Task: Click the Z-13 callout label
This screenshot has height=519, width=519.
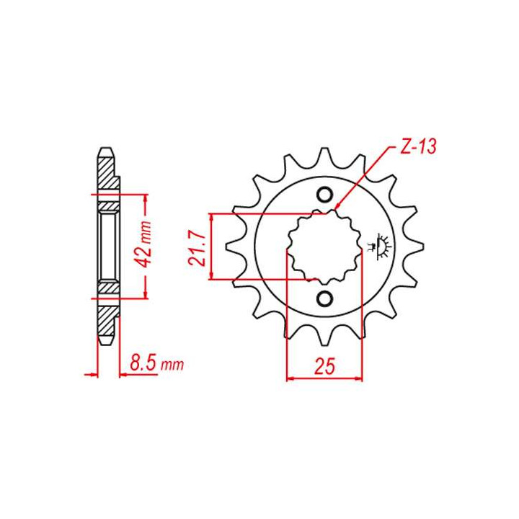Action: click(x=418, y=146)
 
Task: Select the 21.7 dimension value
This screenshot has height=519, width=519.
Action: click(x=198, y=249)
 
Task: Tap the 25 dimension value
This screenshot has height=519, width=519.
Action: click(x=324, y=366)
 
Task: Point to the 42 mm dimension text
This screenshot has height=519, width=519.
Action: click(x=144, y=244)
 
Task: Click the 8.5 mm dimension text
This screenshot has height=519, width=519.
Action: click(x=156, y=363)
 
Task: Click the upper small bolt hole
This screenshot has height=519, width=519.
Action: click(x=324, y=195)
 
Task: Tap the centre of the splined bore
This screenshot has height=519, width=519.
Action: click(x=324, y=247)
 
